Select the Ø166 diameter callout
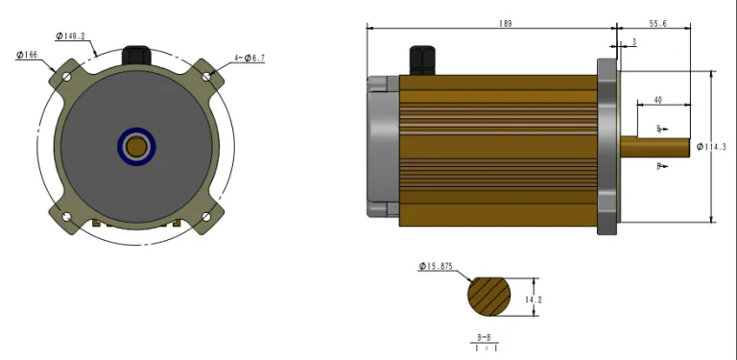click(27, 56)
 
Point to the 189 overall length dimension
click(492, 23)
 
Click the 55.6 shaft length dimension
click(658, 23)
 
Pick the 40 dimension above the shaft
click(657, 100)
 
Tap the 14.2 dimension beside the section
click(535, 300)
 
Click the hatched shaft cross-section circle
click(490, 299)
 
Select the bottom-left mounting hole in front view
click(66, 217)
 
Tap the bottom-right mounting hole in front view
click(206, 217)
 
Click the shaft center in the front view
click(136, 146)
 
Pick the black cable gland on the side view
click(419, 60)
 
